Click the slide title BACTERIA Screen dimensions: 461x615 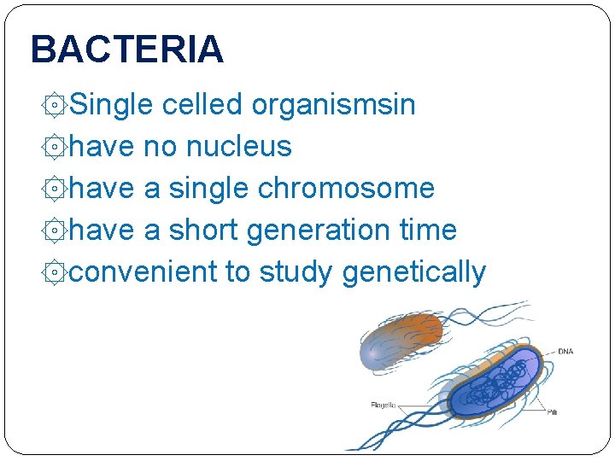pyautogui.click(x=126, y=50)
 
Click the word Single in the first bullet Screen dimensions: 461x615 pyautogui.click(x=111, y=105)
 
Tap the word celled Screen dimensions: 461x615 pyautogui.click(x=202, y=105)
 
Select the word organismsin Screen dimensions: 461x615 pyautogui.click(x=333, y=105)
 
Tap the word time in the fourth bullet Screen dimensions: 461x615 pyautogui.click(x=427, y=230)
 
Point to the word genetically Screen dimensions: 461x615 pyautogui.click(x=413, y=272)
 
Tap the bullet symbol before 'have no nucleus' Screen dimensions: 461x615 pyautogui.click(x=54, y=148)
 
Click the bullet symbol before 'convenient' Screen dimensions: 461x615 pyautogui.click(x=54, y=273)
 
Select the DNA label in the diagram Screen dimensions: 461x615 pyautogui.click(x=565, y=351)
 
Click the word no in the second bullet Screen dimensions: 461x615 pyautogui.click(x=160, y=147)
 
